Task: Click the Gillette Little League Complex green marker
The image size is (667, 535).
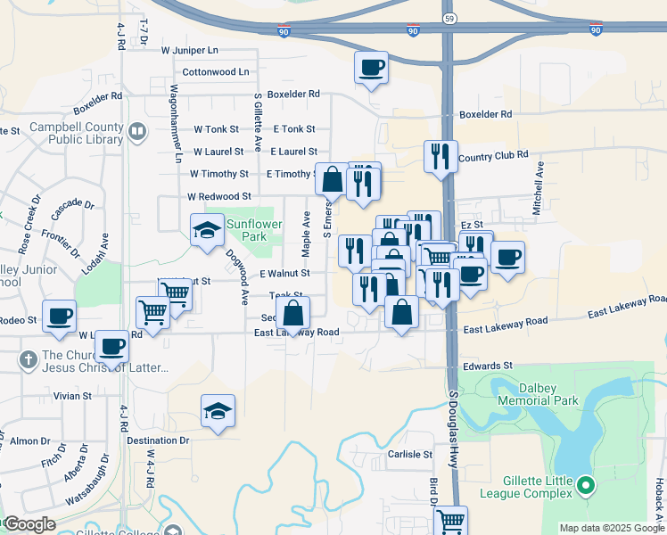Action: coord(586,486)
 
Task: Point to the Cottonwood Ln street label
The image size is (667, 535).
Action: coord(216,71)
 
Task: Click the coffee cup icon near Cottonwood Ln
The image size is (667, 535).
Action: coord(371,67)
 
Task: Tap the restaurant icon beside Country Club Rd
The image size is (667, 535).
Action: coord(440,156)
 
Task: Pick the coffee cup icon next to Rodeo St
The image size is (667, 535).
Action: coord(59,317)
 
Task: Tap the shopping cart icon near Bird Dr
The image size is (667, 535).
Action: coord(451,519)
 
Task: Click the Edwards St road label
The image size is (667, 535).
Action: coord(488,366)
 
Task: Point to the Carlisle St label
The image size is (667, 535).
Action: coord(409,454)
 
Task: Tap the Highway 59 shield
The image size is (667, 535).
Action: coord(448,17)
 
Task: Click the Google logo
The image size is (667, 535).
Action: coord(29,524)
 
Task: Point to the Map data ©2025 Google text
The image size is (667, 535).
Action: coord(611,528)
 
